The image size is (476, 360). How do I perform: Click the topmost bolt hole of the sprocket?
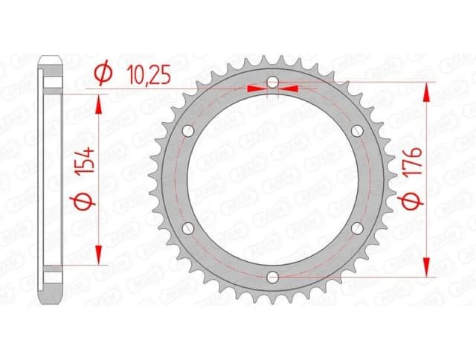(272, 81)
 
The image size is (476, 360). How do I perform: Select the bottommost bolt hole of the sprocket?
(272, 277)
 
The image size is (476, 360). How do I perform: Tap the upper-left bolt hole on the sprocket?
(187, 130)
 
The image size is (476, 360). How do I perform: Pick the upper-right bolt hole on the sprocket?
(357, 130)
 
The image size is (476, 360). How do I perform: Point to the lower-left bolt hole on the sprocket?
(187, 228)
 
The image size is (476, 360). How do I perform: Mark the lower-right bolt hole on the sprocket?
(357, 228)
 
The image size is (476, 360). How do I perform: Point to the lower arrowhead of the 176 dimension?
(427, 268)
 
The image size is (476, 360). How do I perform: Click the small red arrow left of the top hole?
(257, 89)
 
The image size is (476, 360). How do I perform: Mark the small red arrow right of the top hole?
(288, 89)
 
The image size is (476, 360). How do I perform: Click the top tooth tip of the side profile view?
(51, 60)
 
